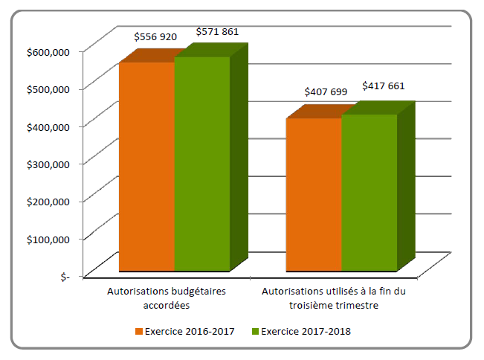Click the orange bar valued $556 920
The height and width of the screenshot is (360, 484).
pos(146,166)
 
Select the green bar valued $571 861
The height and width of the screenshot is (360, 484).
pos(202,164)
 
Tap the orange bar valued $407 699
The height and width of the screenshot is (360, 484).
pos(314,194)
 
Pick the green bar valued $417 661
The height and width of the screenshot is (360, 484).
pos(370,192)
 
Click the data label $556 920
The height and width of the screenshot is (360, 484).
pos(155,36)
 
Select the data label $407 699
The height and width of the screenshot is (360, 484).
pos(326,91)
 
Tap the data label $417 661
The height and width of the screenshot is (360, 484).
pos(384,86)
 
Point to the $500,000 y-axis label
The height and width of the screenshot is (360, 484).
pos(48,89)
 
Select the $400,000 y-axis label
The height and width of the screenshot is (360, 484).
pos(48,126)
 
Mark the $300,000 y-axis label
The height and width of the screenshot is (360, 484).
pos(48,163)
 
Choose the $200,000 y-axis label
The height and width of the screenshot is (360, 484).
pos(48,201)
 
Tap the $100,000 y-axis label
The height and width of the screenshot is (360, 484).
pos(48,238)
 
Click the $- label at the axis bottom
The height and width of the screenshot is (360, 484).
pos(63,276)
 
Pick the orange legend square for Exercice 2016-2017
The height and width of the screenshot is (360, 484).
pos(138,332)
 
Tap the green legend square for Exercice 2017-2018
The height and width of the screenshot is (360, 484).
pos(256,332)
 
